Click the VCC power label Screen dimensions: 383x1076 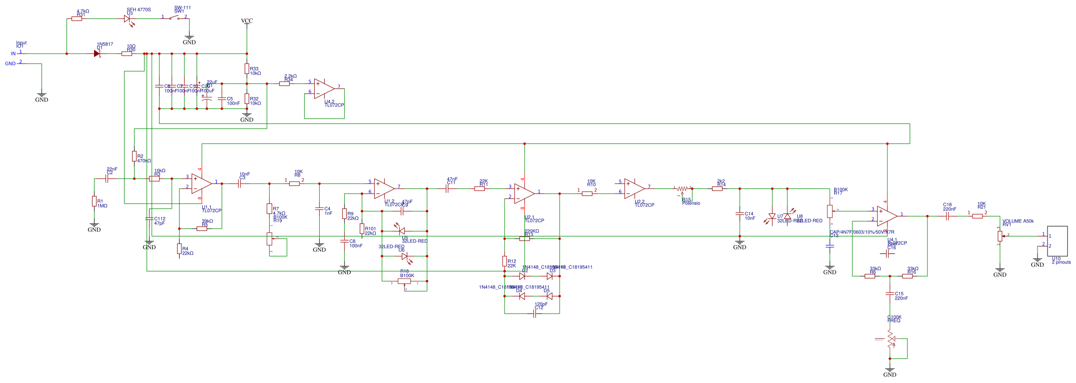coord(247,21)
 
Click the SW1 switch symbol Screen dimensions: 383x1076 coord(174,18)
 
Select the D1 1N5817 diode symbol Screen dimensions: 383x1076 coord(97,53)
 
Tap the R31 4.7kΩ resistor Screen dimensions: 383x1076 coord(77,18)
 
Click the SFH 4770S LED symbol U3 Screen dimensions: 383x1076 coord(127,18)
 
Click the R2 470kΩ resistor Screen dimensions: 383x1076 coord(134,156)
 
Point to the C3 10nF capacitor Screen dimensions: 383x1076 coord(240,183)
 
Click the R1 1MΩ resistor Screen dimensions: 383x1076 coord(94,201)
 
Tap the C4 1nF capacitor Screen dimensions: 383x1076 coord(319,208)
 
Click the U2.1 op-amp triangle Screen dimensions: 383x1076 coord(524,193)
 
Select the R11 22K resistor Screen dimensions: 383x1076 coord(479,188)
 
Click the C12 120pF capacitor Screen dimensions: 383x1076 coord(535,313)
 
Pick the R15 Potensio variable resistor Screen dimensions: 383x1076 coord(683,189)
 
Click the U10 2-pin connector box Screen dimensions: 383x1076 coord(1057,240)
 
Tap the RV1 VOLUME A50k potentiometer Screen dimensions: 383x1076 coord(1000,236)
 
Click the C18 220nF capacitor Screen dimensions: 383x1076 coord(947,216)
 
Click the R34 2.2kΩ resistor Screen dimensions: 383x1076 coord(284,83)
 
